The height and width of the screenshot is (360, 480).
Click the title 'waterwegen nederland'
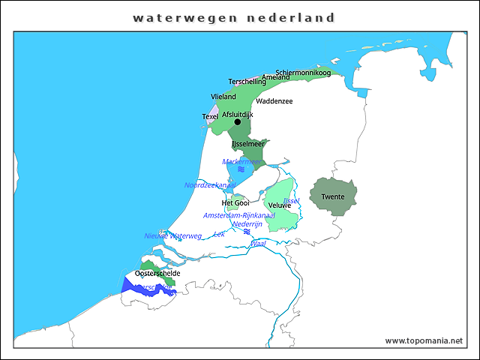[x=233, y=17]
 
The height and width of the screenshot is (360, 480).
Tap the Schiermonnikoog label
[x=303, y=73]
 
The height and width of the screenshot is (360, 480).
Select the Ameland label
[x=276, y=77]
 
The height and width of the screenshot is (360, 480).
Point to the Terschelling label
[x=247, y=82]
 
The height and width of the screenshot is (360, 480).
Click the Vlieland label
[x=223, y=97]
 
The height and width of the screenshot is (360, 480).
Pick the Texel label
[x=210, y=116]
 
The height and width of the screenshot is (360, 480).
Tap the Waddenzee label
[x=274, y=101]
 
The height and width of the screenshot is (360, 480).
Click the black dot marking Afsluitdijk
[x=238, y=121]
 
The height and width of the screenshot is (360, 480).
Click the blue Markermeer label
[x=241, y=161]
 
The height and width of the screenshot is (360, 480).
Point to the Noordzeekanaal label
[x=210, y=185]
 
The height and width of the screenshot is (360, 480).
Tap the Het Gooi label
[x=235, y=203]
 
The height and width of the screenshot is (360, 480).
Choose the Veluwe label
[x=279, y=205]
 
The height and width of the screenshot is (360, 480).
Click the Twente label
[x=333, y=197]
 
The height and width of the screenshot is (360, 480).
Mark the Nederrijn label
[x=247, y=223]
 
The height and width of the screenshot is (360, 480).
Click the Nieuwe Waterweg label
[x=173, y=236]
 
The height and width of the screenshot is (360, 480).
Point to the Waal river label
[x=258, y=244]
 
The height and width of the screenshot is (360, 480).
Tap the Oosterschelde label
[x=157, y=274]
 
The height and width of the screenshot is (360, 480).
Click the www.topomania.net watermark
[x=424, y=340]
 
